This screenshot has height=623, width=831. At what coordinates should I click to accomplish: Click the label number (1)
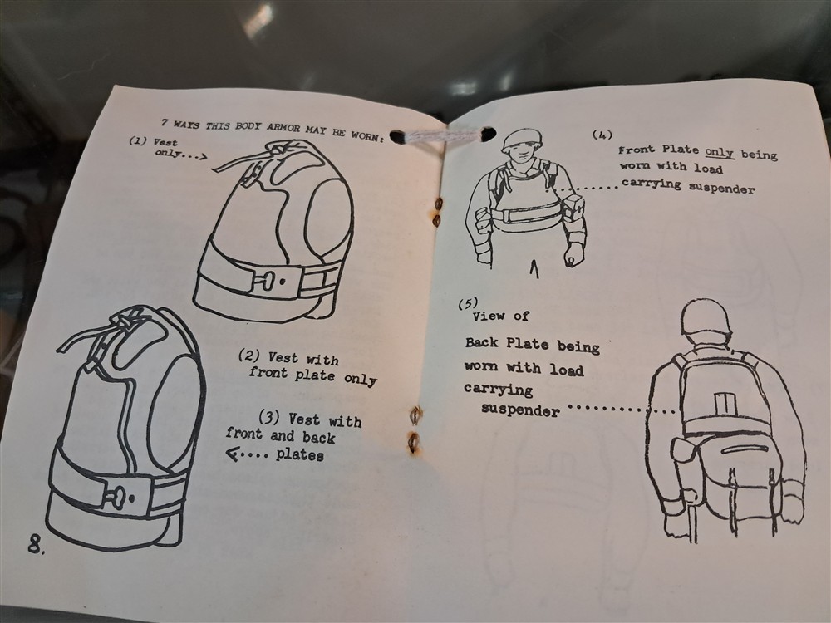[138, 141]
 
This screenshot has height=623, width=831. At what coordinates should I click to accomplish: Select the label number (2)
[249, 356]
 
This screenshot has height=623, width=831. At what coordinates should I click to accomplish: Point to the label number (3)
[268, 418]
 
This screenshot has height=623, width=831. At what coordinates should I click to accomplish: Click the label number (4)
[602, 135]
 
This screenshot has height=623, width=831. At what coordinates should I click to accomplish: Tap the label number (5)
[468, 303]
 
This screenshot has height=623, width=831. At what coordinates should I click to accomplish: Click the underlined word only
[719, 153]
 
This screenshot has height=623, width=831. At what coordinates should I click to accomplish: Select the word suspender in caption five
[520, 410]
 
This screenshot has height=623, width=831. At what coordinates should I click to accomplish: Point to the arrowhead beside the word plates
[232, 454]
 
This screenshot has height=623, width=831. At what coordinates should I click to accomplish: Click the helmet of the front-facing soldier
[522, 140]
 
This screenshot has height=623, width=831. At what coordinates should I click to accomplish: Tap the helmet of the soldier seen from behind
[705, 317]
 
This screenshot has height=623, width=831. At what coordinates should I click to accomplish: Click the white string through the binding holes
[444, 135]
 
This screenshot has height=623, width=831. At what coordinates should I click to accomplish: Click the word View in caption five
[488, 316]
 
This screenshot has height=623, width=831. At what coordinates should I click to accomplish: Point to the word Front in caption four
[637, 150]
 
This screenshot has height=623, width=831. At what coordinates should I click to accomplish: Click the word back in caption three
[319, 437]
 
